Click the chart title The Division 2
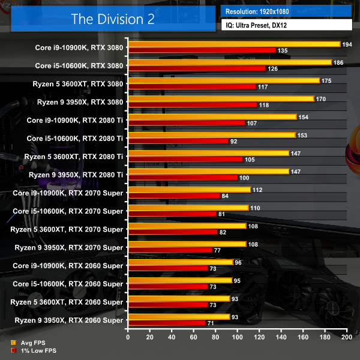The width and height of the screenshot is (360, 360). click(113, 19)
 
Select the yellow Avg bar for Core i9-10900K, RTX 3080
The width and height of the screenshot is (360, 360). click(234, 44)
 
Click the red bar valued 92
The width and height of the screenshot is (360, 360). click(178, 141)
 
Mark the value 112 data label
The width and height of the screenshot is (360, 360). click(256, 190)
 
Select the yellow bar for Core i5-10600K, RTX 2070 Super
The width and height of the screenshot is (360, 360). click(188, 208)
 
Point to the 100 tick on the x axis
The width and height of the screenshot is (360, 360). click(237, 338)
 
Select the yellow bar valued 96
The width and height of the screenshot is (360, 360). click(180, 262)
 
